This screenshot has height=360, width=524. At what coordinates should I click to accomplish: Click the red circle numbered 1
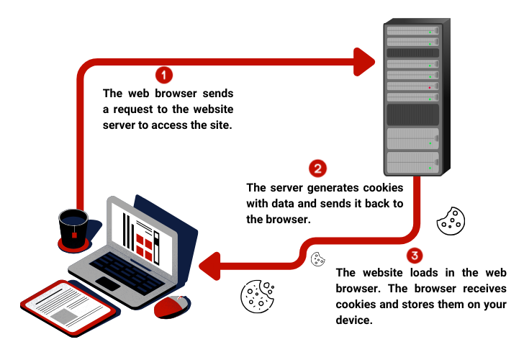(x=165, y=74)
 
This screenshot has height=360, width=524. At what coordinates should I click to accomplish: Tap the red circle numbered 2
(x=317, y=168)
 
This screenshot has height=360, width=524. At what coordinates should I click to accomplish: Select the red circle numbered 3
(x=414, y=256)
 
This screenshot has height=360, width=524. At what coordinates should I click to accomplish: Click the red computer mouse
(x=172, y=307)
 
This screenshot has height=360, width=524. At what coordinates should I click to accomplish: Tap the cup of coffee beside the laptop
(x=73, y=227)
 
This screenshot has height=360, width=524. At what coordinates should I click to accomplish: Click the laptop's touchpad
(x=108, y=284)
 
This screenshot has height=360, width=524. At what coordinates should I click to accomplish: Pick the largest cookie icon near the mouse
(x=258, y=295)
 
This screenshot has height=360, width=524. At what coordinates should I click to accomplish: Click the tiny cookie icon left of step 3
(x=317, y=259)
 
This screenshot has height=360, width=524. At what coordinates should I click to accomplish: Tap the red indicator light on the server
(x=430, y=88)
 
